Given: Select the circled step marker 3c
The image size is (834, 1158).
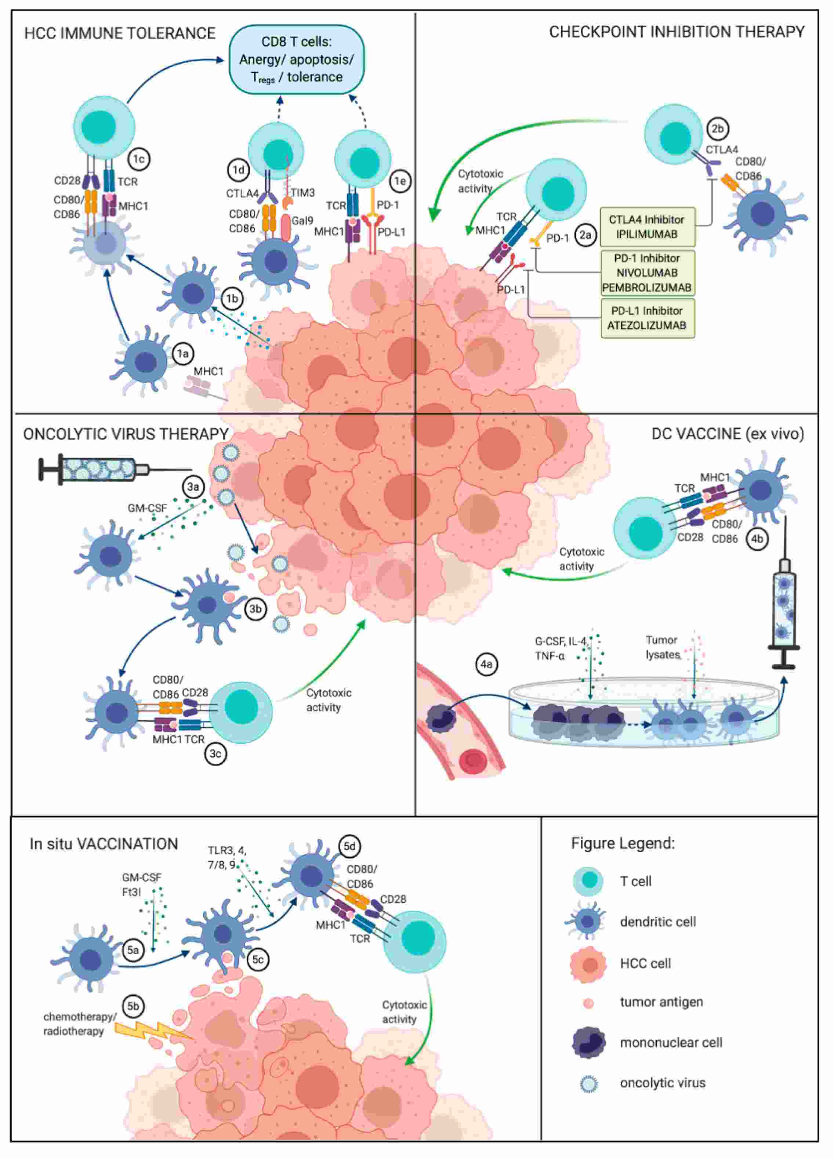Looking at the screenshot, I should coord(215,754).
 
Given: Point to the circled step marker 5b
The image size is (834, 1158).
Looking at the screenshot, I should coord(133,1006).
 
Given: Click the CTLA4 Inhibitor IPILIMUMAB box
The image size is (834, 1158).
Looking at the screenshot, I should coord(647,227).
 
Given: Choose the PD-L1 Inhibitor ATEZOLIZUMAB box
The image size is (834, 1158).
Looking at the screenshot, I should coord(647,318).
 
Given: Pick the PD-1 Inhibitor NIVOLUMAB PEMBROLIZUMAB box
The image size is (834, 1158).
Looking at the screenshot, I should coord(647,273).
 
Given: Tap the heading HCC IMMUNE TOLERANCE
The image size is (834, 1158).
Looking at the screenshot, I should coord(120,34).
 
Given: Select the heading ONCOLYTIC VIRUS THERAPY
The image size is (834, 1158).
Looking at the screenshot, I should coord(126,434).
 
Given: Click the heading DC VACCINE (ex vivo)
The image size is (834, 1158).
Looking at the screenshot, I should coord(727,434).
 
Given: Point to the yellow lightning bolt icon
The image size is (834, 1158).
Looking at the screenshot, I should coord(153,1030).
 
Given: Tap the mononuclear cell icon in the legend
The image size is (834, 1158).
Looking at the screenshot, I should coord(588,1043).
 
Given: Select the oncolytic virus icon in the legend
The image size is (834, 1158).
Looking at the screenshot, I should coord(588,1083).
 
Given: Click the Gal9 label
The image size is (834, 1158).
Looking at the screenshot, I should coord(302,221).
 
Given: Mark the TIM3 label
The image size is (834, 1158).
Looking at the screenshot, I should coord(303,192).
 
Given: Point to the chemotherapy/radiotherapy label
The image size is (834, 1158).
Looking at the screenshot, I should coord(80,1024).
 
